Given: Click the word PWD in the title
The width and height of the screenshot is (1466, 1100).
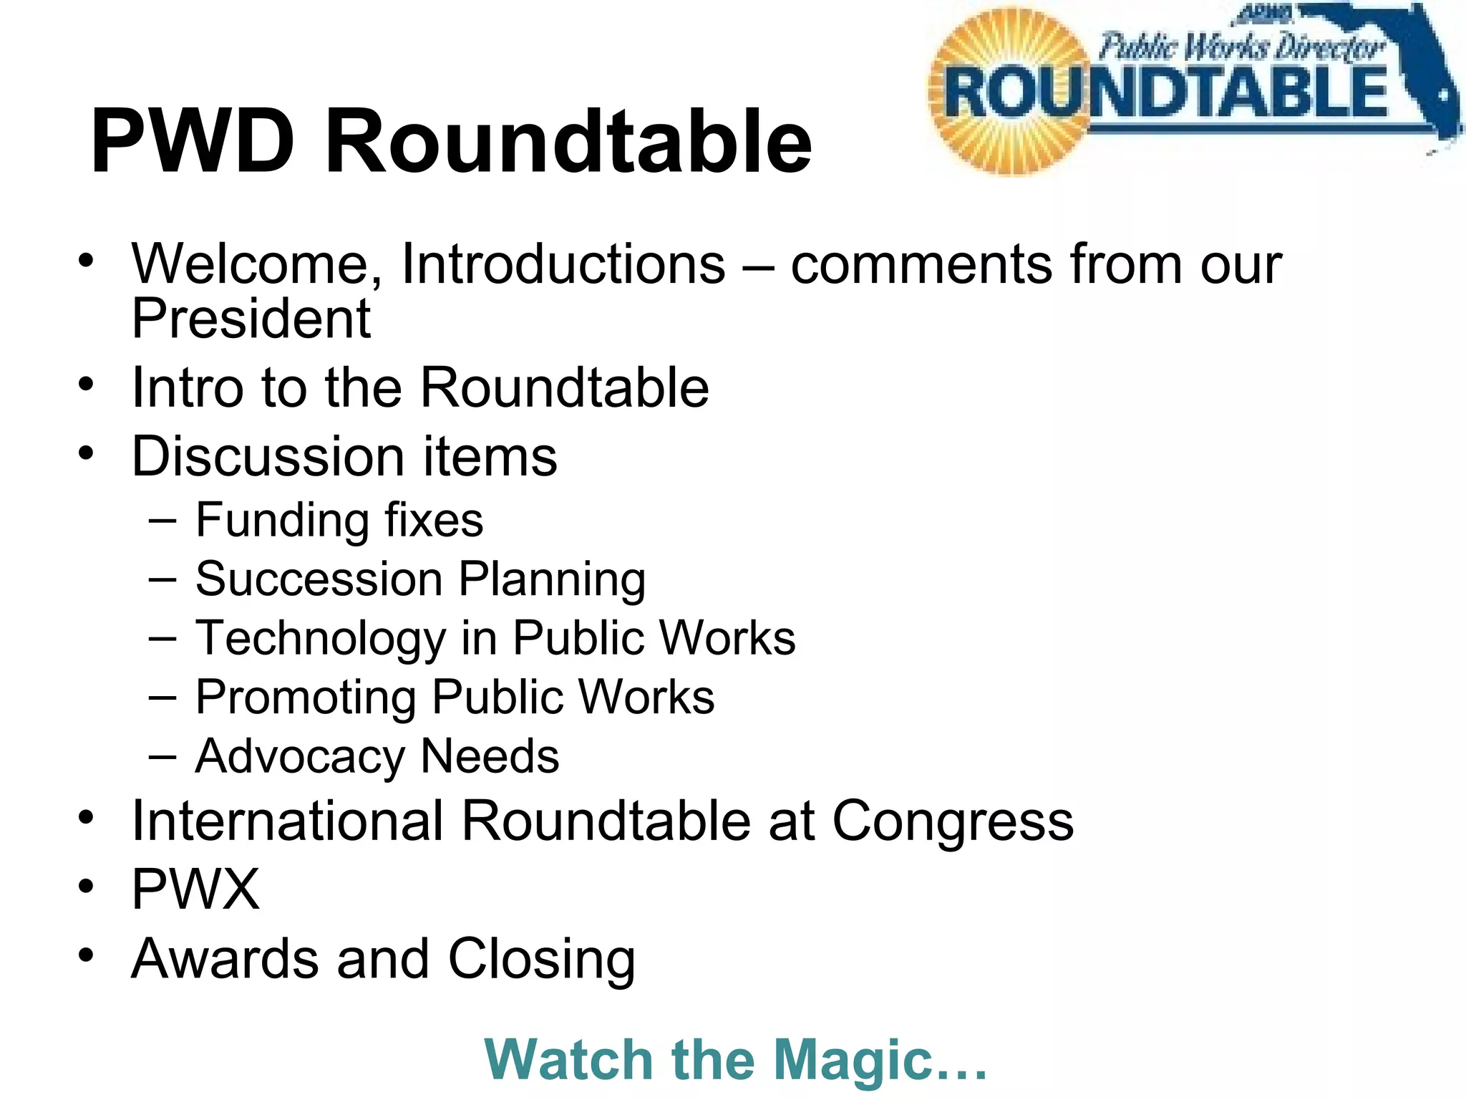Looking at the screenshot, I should pyautogui.click(x=192, y=141).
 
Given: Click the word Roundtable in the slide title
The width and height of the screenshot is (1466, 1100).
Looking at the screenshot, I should pyautogui.click(x=568, y=141).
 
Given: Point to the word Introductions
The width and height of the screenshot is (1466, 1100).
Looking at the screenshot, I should pyautogui.click(x=563, y=265).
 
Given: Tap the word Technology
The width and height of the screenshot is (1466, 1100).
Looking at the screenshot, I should pyautogui.click(x=321, y=639).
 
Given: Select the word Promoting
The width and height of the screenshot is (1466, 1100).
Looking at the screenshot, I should pyautogui.click(x=306, y=698).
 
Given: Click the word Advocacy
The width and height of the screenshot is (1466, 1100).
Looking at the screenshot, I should pyautogui.click(x=300, y=756).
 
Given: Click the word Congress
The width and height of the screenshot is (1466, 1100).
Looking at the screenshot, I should pyautogui.click(x=953, y=822).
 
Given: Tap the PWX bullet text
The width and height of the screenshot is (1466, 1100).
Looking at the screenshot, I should pyautogui.click(x=195, y=889).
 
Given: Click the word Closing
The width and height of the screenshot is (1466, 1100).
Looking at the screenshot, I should pyautogui.click(x=542, y=960).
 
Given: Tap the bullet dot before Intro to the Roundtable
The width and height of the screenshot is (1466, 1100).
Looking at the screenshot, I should pyautogui.click(x=87, y=385).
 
